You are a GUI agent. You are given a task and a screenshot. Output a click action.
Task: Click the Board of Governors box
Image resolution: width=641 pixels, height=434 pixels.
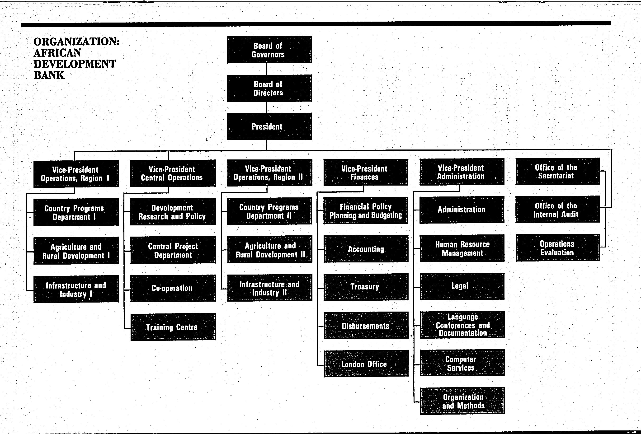click(269, 50)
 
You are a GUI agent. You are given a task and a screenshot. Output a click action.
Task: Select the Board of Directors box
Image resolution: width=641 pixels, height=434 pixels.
click(269, 88)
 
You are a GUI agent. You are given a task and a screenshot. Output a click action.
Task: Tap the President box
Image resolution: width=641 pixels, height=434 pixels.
click(269, 126)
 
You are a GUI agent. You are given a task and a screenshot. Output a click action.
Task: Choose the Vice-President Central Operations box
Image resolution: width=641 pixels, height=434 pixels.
click(173, 173)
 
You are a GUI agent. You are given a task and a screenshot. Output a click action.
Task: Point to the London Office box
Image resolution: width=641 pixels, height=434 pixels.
click(366, 364)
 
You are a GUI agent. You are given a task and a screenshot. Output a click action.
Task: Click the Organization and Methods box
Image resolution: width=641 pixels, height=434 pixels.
click(462, 401)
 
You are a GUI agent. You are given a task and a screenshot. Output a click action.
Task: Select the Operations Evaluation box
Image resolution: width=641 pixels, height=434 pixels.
click(558, 247)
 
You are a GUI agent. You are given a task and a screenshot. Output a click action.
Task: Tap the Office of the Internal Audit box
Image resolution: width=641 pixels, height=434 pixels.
click(557, 209)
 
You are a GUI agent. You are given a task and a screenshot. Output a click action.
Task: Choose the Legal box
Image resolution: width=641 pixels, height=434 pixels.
click(462, 286)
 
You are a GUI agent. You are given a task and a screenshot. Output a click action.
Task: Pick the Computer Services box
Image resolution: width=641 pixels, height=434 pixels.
click(462, 363)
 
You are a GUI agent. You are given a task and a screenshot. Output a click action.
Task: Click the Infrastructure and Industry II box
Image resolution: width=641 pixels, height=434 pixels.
click(270, 287)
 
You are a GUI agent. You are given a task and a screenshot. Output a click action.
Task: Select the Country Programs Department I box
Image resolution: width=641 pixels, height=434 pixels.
click(76, 212)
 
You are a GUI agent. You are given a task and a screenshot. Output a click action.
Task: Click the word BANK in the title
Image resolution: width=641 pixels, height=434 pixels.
click(49, 75)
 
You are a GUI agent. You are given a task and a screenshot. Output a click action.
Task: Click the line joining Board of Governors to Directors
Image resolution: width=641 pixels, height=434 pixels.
click(266, 69)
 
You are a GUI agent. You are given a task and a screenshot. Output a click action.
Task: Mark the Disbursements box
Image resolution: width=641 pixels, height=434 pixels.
click(366, 325)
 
